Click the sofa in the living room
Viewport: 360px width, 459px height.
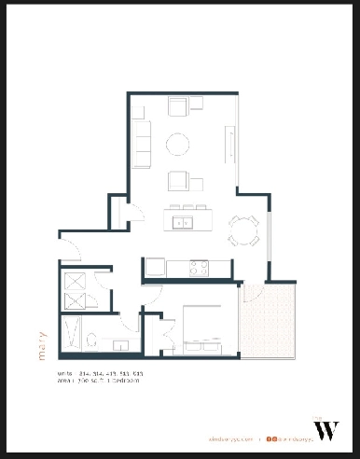click(x=143, y=136)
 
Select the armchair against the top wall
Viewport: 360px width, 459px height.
click(x=177, y=105)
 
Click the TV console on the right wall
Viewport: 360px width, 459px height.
click(x=228, y=143)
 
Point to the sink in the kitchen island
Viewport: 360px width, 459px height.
click(x=184, y=222)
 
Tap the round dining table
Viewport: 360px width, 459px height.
click(x=245, y=228)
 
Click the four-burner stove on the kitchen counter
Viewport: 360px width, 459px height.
click(x=199, y=269)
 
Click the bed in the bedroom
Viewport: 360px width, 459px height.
click(x=206, y=331)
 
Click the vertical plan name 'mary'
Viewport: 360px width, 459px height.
click(x=43, y=342)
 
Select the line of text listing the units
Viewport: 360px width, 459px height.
click(x=100, y=373)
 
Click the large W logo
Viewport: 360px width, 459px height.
click(x=327, y=430)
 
